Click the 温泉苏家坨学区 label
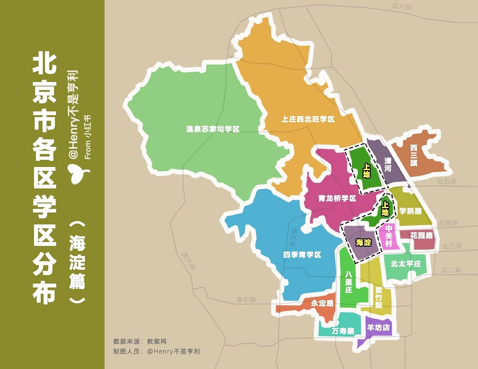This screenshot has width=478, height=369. [213, 129]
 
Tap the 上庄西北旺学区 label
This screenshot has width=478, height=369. [308, 119]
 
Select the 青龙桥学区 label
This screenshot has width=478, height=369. [337, 198]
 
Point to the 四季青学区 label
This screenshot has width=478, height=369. [302, 255]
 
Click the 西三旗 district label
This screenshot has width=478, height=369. [414, 155]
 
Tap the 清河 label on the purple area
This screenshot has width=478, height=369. [388, 164]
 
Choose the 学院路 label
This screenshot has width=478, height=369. [410, 211]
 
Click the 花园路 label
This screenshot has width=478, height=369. [421, 236]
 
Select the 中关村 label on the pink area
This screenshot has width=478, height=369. [389, 236]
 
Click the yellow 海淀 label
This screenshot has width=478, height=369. [363, 242]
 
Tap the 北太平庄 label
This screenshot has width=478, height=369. [405, 264]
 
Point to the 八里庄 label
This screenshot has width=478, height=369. [348, 282]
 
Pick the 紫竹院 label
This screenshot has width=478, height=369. [378, 297]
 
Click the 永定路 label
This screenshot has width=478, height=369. [322, 303]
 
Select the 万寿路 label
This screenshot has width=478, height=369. [343, 331]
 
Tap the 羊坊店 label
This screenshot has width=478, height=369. [378, 327]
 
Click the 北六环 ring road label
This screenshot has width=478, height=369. [401, 6]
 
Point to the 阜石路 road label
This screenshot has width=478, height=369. [246, 300]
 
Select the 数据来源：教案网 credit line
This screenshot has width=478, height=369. [140, 342]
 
